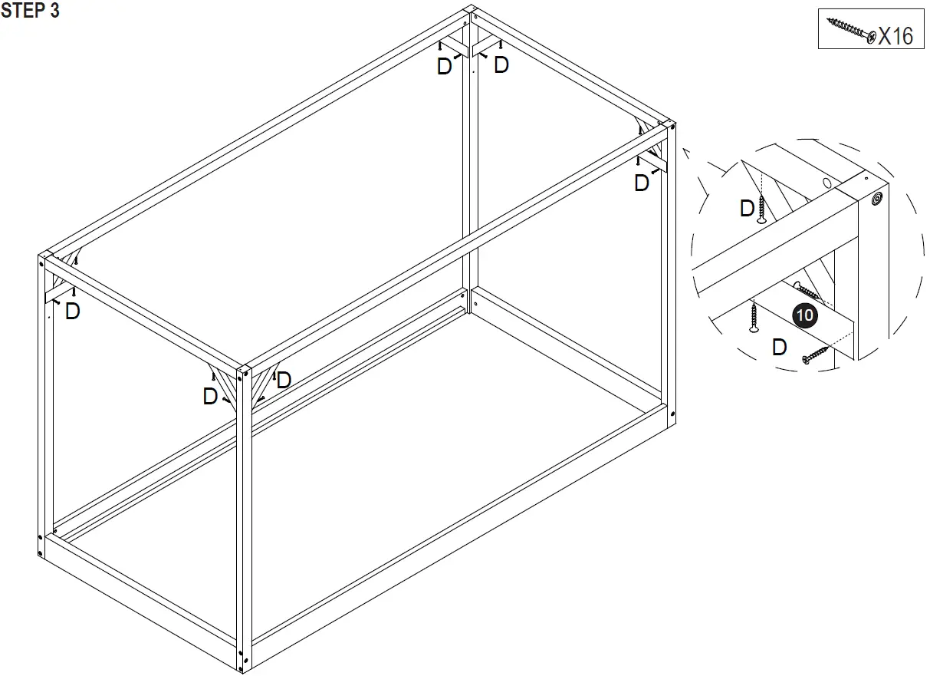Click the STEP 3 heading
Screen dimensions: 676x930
31,12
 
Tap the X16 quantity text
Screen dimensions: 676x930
895,36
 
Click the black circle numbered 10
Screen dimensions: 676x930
805,315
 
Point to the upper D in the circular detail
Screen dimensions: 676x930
747,208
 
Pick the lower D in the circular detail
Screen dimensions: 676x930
779,347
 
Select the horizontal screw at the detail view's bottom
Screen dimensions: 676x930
816,355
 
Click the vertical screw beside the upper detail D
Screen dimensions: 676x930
761,209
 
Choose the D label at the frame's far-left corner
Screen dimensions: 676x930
73,312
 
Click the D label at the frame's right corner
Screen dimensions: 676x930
642,183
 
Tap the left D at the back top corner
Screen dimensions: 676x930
444,67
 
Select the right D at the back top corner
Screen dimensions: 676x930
501,65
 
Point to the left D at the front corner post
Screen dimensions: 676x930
210,396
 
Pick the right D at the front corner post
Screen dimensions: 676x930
284,379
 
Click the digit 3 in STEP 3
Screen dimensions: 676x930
54,12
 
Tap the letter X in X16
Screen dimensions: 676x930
885,36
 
